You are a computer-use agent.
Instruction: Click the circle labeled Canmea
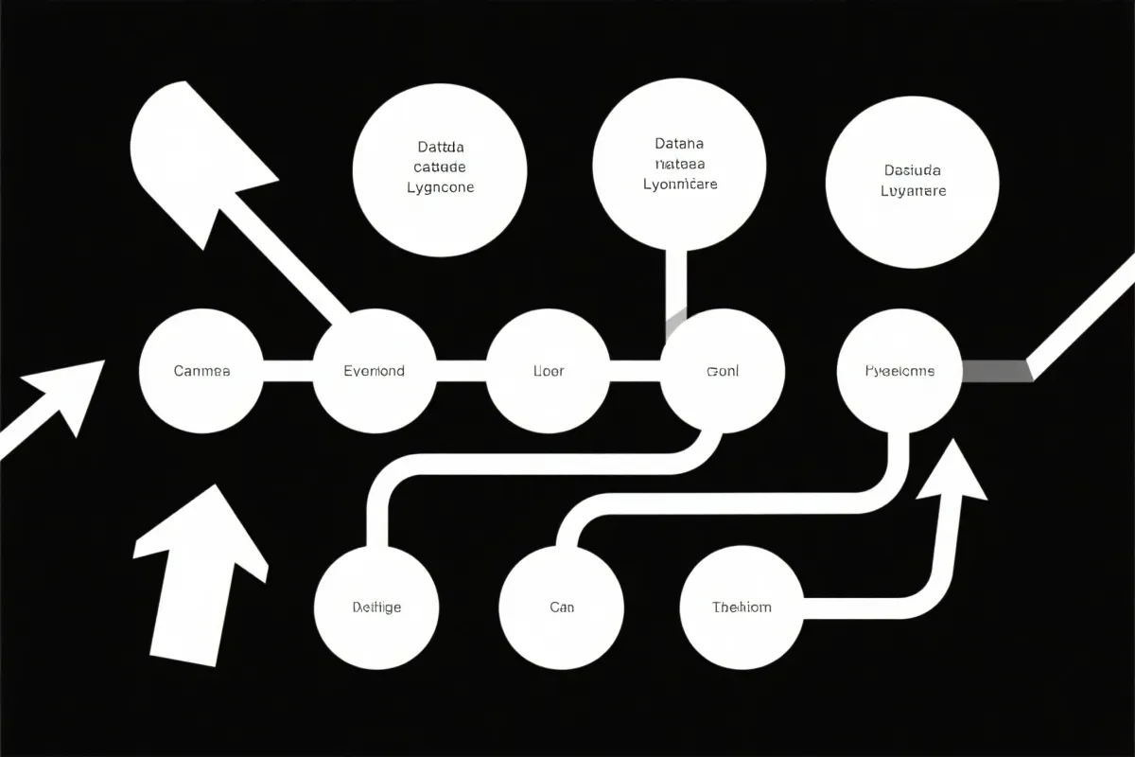click(x=201, y=371)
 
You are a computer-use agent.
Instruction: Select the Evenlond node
click(x=374, y=371)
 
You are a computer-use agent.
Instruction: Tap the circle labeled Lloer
click(x=548, y=371)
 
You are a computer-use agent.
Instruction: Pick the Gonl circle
click(x=723, y=371)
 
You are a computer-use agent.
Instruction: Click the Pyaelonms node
click(x=899, y=371)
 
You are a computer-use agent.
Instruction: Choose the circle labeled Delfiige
click(x=376, y=607)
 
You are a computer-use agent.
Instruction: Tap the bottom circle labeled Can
click(x=561, y=607)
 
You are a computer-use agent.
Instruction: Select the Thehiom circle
click(x=742, y=607)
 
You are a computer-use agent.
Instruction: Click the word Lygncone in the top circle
click(x=440, y=187)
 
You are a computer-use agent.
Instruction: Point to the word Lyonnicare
click(x=679, y=185)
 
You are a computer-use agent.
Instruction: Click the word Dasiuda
click(x=913, y=170)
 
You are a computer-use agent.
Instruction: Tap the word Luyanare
click(x=913, y=190)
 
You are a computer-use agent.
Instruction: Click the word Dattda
click(x=440, y=148)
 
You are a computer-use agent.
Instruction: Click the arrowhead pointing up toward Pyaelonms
click(x=951, y=473)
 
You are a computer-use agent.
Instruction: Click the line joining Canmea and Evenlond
click(x=287, y=371)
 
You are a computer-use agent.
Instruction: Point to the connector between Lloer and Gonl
click(x=635, y=371)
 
